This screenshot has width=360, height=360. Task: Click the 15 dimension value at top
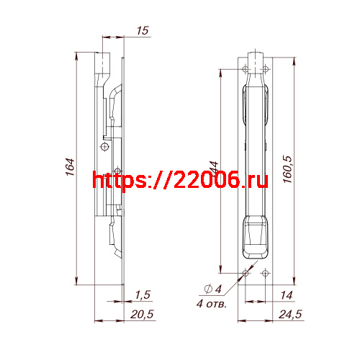click(141, 30)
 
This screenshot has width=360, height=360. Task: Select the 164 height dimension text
click(70, 168)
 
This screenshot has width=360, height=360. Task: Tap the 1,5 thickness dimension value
click(142, 295)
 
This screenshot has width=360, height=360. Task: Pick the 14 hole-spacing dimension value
click(287, 295)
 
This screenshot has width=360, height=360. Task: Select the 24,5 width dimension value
click(289, 314)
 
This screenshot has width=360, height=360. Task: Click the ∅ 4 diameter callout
click(212, 289)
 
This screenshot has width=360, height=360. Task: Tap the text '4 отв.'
click(211, 304)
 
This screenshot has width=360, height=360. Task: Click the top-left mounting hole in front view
click(246, 69)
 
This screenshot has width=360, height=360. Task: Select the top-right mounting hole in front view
click(266, 69)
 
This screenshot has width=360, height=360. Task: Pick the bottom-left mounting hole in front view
click(246, 273)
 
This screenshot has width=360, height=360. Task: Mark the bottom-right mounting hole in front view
click(266, 273)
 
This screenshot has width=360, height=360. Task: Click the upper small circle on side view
click(105, 147)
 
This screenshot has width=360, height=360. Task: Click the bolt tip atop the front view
click(256, 58)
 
